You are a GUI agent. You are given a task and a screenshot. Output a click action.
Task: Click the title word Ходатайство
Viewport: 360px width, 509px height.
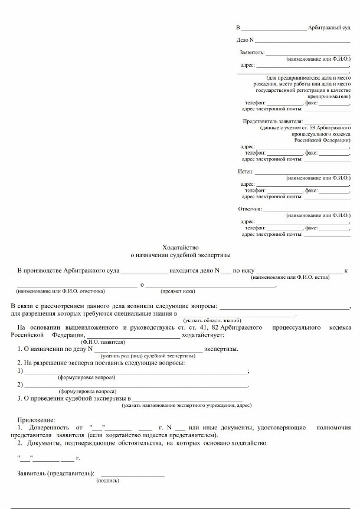click(x=181, y=247)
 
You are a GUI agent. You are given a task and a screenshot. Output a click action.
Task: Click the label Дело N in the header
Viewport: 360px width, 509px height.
click(x=245, y=40)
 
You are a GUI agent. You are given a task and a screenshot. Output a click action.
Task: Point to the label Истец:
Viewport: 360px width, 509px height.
click(x=246, y=171)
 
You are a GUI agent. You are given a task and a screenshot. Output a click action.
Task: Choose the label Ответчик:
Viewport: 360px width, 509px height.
click(x=250, y=209)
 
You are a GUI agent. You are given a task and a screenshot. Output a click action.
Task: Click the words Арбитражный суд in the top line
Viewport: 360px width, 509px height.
click(x=329, y=28)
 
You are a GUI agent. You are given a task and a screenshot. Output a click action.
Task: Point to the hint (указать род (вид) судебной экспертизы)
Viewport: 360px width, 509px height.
click(x=148, y=356)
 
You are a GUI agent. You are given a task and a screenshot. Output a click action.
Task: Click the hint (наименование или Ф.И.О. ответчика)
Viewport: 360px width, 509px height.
click(x=60, y=291)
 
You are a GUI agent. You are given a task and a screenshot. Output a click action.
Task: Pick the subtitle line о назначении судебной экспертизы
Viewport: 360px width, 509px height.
click(x=181, y=255)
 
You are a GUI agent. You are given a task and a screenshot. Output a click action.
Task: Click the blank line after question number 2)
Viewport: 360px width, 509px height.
click(x=136, y=385)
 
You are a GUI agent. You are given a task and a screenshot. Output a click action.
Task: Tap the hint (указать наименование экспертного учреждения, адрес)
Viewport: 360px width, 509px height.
click(x=186, y=406)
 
